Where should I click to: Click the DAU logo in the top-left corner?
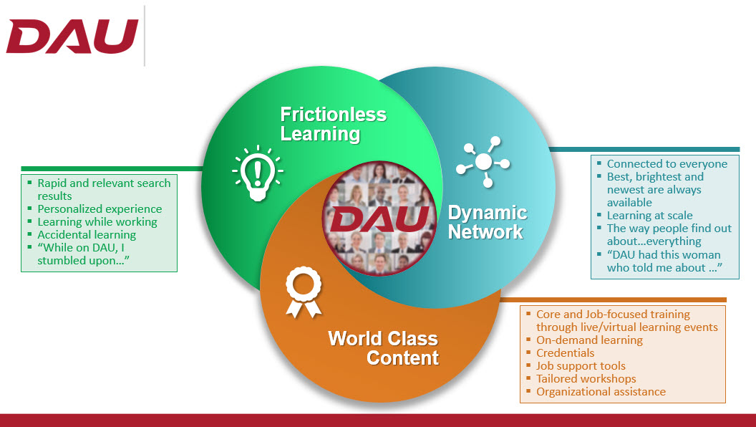click(72, 37)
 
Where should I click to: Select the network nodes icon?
click(483, 162)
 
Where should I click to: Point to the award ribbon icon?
click(304, 293)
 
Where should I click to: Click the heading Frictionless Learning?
click(333, 124)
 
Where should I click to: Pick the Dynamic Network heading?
click(488, 222)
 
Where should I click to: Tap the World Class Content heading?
click(383, 348)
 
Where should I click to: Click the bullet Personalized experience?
click(100, 209)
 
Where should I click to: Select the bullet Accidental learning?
click(87, 235)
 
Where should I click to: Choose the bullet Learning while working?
click(97, 222)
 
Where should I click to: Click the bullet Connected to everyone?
click(667, 164)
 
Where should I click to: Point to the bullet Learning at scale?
click(650, 216)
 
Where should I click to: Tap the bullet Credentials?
click(566, 353)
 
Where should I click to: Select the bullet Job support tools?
click(581, 366)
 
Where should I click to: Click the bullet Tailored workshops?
click(586, 379)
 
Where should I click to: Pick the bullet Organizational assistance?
click(601, 392)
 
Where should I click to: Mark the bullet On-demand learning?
click(590, 340)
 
